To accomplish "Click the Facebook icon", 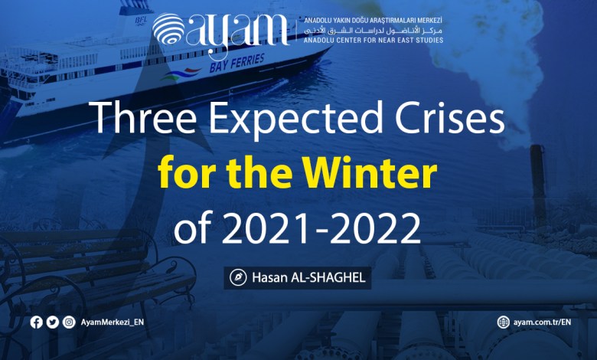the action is pyautogui.click(x=36, y=322).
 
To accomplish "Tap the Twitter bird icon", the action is pyautogui.click(x=53, y=322).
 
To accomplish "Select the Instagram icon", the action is pyautogui.click(x=69, y=322).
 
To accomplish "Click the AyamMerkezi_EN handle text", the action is pyautogui.click(x=113, y=322).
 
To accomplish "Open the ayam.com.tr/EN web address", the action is pyautogui.click(x=542, y=322).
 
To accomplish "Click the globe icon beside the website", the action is pyautogui.click(x=503, y=322).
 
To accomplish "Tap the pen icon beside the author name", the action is pyautogui.click(x=238, y=277).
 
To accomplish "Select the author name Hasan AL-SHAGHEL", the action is pyautogui.click(x=308, y=277).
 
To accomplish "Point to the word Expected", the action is pyautogui.click(x=295, y=119).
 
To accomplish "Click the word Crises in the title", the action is pyautogui.click(x=450, y=118).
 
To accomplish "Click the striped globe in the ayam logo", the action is pyautogui.click(x=168, y=29).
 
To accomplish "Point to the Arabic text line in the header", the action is pyautogui.click(x=374, y=30).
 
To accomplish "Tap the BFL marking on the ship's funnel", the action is pyautogui.click(x=141, y=21).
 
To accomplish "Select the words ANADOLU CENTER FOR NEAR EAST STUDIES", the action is pyautogui.click(x=374, y=40).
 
